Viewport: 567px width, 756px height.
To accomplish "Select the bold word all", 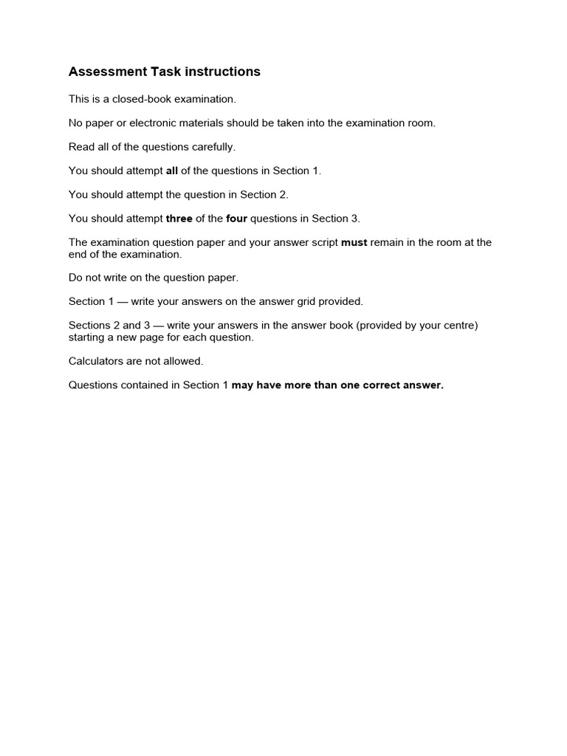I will (172, 171).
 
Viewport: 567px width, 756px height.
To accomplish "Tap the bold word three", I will (179, 219).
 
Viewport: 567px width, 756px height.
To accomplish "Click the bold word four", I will (236, 219).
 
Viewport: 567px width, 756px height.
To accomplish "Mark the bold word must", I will (354, 242).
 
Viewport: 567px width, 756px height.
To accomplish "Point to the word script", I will (323, 242).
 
